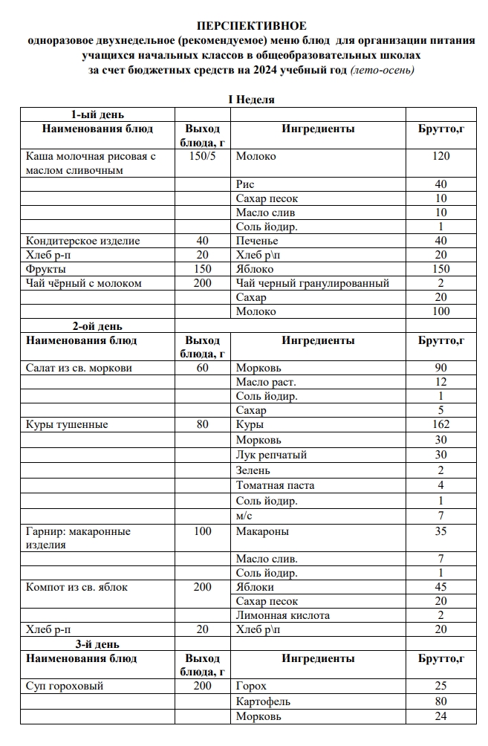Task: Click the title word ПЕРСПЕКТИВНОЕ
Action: [x=251, y=26]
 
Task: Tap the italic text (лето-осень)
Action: [x=382, y=71]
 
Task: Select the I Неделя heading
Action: [x=251, y=100]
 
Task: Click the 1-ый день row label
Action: [x=97, y=114]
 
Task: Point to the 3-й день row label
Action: [x=97, y=644]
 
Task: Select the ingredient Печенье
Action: [x=257, y=241]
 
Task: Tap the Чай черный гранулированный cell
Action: [x=313, y=283]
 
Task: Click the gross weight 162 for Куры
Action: [x=440, y=425]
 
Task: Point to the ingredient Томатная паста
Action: [x=275, y=485]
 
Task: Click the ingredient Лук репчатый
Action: [x=271, y=455]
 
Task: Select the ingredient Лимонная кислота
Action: [x=283, y=615]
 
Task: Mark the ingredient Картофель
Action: [x=263, y=701]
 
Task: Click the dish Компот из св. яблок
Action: [x=77, y=587]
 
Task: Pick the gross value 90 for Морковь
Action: [x=440, y=369]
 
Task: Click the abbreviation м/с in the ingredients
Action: [x=244, y=516]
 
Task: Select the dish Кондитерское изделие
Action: [x=82, y=241]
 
